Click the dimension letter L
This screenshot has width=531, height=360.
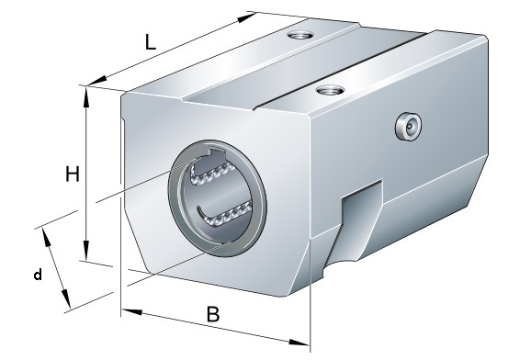(151, 42)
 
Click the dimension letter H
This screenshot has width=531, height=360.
(73, 174)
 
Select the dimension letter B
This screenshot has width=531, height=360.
(213, 314)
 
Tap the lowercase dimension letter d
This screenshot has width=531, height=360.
(38, 274)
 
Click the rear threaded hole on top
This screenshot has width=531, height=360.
(299, 34)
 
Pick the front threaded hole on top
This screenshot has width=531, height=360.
(330, 90)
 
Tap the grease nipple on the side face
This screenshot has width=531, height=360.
(409, 127)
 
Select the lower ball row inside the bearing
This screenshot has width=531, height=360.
(225, 213)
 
